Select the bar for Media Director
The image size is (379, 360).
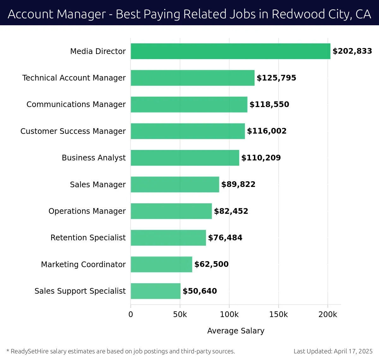[230, 51]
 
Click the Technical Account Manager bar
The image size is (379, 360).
[192, 78]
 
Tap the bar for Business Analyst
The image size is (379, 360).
[185, 158]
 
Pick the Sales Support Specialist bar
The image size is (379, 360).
[155, 291]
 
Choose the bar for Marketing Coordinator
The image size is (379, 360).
[161, 264]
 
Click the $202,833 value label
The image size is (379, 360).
[352, 51]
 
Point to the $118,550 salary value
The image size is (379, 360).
[269, 105]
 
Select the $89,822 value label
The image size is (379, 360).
[238, 184]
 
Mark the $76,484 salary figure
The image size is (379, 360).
[225, 238]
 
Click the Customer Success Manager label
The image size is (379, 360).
[73, 131]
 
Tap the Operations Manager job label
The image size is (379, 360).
[87, 211]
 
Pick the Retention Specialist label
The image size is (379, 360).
[88, 237]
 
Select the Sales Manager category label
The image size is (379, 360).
[98, 184]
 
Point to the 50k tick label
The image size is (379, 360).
[180, 315]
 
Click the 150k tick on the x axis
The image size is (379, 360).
[279, 315]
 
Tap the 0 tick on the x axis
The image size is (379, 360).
[131, 315]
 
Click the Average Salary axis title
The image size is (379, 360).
[236, 331]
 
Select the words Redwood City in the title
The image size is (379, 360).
[303, 14]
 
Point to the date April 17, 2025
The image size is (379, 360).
[353, 351]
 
